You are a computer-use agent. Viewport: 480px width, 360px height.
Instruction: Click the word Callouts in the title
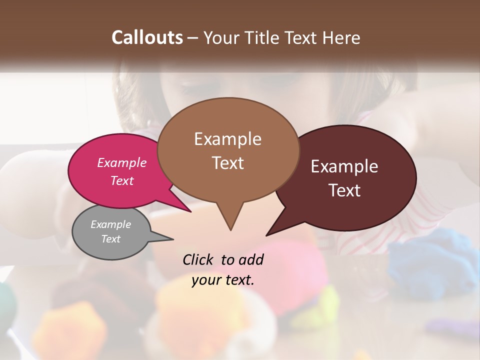147,37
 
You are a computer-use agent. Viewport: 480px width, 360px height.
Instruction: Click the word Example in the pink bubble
122,163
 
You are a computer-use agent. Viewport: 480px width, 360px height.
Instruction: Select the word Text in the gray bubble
111,239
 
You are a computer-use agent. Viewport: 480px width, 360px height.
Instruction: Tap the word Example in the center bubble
227,139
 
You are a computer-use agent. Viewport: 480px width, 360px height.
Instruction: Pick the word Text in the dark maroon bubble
344,190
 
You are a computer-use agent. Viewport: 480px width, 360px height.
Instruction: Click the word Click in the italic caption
199,259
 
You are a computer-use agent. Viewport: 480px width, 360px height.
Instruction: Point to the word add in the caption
251,259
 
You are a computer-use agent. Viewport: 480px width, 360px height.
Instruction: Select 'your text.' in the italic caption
223,280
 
